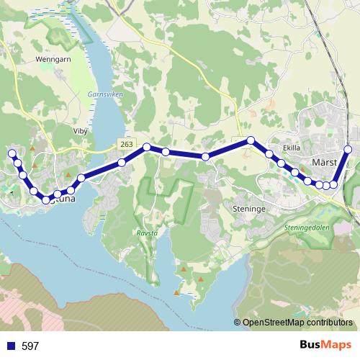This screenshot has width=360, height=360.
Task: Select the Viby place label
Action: [x=80, y=132]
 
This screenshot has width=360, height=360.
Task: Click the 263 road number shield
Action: [x=127, y=145]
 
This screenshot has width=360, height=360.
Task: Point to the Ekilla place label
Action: [x=292, y=148]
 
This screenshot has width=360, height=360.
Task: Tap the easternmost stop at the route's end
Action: [x=348, y=150]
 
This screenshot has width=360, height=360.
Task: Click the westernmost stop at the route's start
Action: [x=12, y=153]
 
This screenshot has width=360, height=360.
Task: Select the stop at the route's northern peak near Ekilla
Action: [x=251, y=140]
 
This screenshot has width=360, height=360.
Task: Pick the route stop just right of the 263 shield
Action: [x=146, y=148]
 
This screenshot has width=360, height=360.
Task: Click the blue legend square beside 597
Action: [x=10, y=346]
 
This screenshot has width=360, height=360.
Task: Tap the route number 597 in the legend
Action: [x=30, y=346]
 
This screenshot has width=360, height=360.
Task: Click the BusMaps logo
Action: [x=325, y=345]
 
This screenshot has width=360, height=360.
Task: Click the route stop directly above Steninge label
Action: [x=206, y=156]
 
